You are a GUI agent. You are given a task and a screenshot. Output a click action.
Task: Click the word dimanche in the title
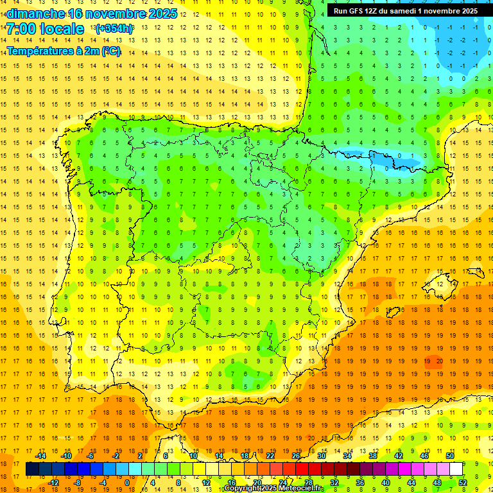tap(36, 13)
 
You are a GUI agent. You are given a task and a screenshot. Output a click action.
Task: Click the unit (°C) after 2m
tap(111, 51)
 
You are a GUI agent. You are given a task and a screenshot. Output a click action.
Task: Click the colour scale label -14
tap(40, 456)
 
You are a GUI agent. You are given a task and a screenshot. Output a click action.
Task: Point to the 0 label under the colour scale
tap(126, 483)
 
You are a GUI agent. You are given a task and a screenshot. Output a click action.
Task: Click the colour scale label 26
tap(296, 456)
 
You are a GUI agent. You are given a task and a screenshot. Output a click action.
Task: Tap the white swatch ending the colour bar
tap(456, 469)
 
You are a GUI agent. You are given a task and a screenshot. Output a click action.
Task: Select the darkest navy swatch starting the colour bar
tap(32, 469)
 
